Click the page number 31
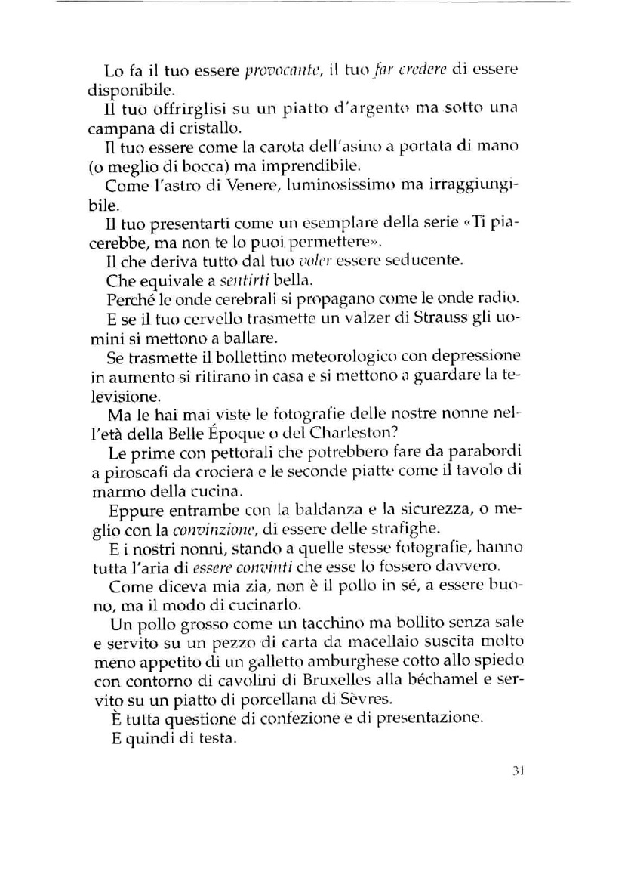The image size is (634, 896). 517,771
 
